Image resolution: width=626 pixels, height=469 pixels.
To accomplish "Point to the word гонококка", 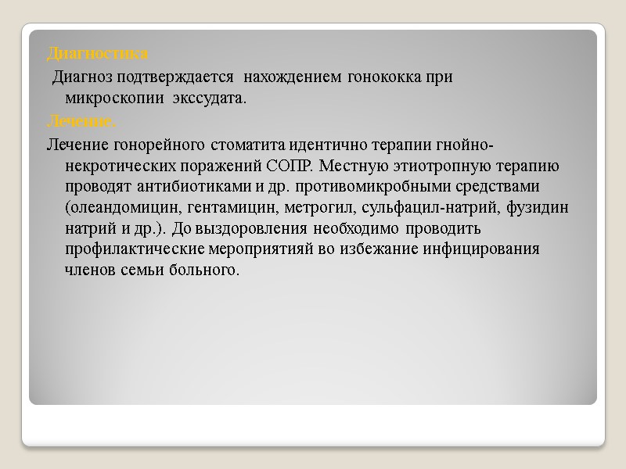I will pos(383,77).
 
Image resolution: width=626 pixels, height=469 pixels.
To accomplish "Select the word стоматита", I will pos(233,145).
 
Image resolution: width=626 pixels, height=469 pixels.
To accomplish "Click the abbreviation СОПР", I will pos(292,166).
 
